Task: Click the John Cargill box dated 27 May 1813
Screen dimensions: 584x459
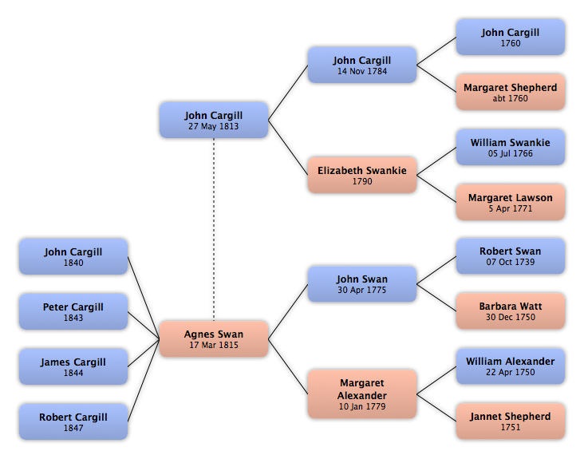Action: click(214, 121)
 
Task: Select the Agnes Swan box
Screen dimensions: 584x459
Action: click(214, 339)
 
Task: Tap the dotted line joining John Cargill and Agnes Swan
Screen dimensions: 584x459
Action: click(214, 230)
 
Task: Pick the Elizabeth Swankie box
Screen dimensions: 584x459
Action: click(362, 175)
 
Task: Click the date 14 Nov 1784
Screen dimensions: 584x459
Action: click(362, 71)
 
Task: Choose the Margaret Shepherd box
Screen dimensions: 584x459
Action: click(511, 92)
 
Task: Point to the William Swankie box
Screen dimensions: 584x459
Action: click(511, 147)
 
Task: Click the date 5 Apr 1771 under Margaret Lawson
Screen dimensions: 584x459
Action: click(511, 208)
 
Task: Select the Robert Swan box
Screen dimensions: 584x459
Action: click(511, 256)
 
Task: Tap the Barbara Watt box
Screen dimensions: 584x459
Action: click(511, 311)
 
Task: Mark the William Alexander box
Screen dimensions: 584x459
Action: click(511, 366)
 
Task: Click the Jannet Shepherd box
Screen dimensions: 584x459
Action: click(511, 421)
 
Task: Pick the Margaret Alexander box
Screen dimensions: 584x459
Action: click(362, 394)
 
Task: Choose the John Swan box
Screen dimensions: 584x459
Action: click(362, 284)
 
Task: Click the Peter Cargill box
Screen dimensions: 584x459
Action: click(73, 311)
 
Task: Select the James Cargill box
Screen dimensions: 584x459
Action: click(73, 366)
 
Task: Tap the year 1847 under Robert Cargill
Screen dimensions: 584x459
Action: click(73, 428)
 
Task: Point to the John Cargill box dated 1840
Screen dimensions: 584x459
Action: click(73, 257)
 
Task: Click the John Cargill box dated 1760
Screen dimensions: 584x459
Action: click(511, 38)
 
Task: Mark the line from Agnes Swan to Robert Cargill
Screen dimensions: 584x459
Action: click(144, 381)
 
